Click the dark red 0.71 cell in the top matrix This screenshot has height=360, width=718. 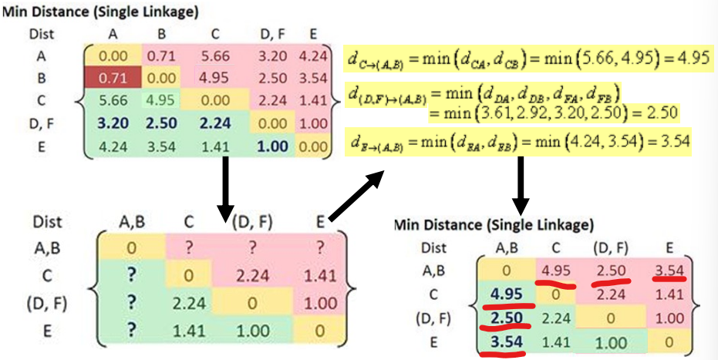(x=113, y=78)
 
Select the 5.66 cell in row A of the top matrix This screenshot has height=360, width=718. (x=215, y=56)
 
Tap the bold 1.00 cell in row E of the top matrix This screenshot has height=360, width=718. (x=272, y=146)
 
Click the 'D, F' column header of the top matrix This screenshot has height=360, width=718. (x=272, y=35)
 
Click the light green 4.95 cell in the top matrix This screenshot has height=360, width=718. (x=161, y=100)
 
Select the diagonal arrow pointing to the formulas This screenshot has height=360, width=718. (x=356, y=195)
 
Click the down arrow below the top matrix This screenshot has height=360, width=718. (x=224, y=188)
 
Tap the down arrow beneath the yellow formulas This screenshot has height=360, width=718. (x=521, y=185)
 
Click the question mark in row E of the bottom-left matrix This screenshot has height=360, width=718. (x=131, y=330)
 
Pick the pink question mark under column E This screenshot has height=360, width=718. (x=320, y=248)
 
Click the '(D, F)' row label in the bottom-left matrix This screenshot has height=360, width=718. (x=46, y=304)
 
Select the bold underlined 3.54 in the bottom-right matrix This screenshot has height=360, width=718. (x=506, y=341)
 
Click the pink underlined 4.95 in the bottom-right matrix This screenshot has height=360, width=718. (x=555, y=271)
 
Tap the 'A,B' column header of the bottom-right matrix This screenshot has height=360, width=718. (x=506, y=248)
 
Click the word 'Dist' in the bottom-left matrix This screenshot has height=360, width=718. (x=47, y=222)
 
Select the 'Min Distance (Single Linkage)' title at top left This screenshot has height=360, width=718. (x=100, y=12)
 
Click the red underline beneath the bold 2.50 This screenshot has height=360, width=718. (x=505, y=327)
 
